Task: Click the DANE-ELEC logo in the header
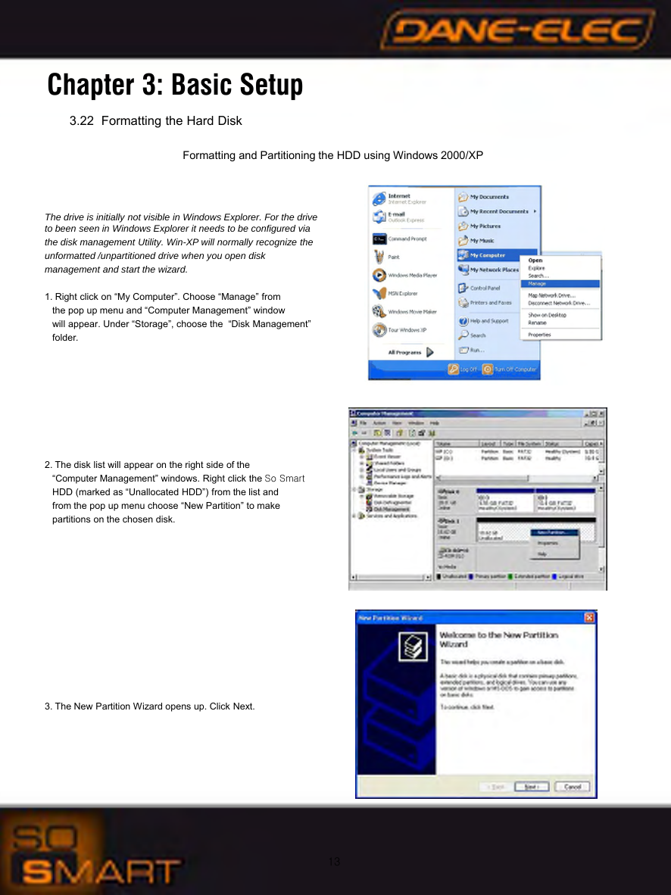click(518, 33)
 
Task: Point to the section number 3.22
click(82, 121)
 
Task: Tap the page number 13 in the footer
click(335, 862)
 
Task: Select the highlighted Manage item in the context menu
click(560, 283)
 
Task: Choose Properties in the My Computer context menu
click(539, 334)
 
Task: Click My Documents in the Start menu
click(488, 197)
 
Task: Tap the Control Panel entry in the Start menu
click(484, 288)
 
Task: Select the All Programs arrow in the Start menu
click(429, 351)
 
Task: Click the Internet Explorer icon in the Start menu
click(379, 198)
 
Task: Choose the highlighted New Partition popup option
click(558, 532)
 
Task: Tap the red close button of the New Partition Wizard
click(589, 618)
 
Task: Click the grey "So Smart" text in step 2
click(284, 479)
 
